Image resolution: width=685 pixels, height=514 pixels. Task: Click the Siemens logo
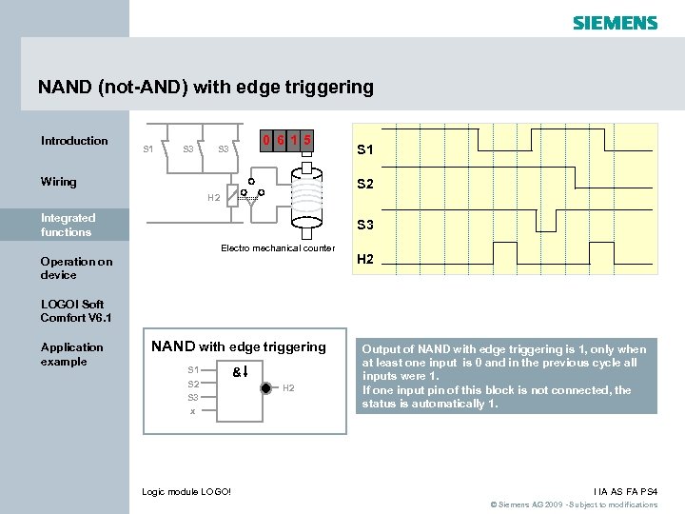(615, 22)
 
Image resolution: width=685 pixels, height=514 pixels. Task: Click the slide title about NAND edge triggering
(205, 88)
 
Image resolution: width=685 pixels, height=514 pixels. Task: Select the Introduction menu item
(74, 141)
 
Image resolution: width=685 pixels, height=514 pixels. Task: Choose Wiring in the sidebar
(59, 182)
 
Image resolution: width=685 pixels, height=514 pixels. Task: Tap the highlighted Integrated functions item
(68, 225)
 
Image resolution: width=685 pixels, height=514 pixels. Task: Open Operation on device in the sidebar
(76, 267)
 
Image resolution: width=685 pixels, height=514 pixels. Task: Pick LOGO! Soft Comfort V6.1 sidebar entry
(76, 310)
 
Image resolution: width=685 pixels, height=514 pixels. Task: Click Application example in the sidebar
(71, 354)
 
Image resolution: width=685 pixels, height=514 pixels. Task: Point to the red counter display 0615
(289, 141)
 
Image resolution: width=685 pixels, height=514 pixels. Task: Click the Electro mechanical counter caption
(278, 248)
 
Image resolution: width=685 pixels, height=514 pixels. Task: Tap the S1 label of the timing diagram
(364, 149)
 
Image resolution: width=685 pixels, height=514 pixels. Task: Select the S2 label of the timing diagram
(364, 185)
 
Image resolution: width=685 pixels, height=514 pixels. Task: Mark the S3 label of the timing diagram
(364, 226)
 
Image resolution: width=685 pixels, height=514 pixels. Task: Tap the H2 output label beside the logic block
(289, 387)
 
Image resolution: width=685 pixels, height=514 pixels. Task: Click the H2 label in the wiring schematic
(214, 198)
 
